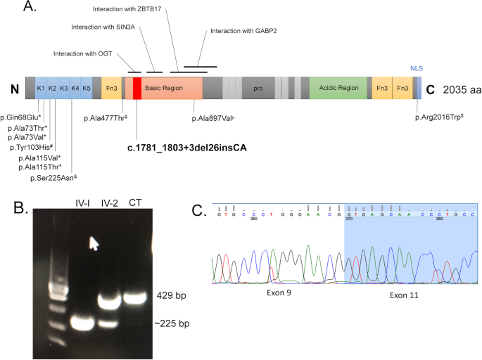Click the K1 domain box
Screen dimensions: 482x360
[x=41, y=88]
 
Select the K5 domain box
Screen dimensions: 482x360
[x=86, y=88]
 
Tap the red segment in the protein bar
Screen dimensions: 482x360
[x=137, y=88]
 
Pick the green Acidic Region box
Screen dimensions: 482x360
[x=337, y=89]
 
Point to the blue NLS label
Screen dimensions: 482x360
[x=418, y=68]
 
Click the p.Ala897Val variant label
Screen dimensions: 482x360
[x=213, y=118]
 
